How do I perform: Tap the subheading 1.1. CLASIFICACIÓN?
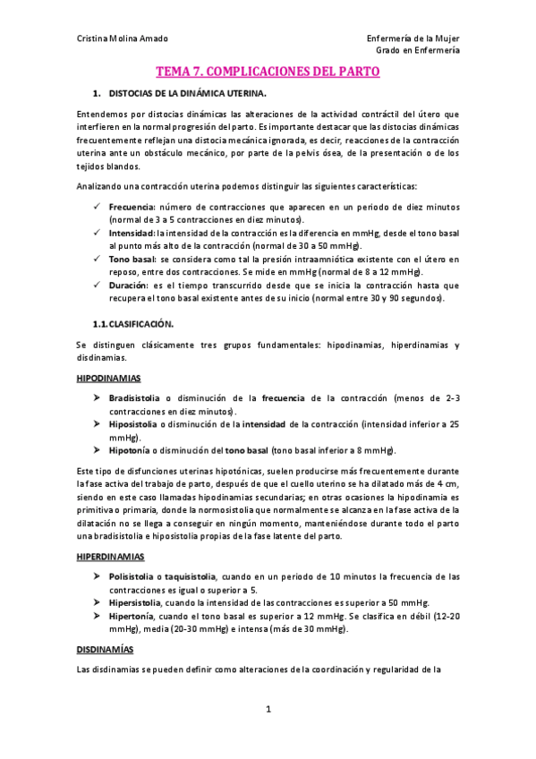(x=135, y=323)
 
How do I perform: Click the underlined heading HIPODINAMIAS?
(x=109, y=379)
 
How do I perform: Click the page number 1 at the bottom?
(x=268, y=709)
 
